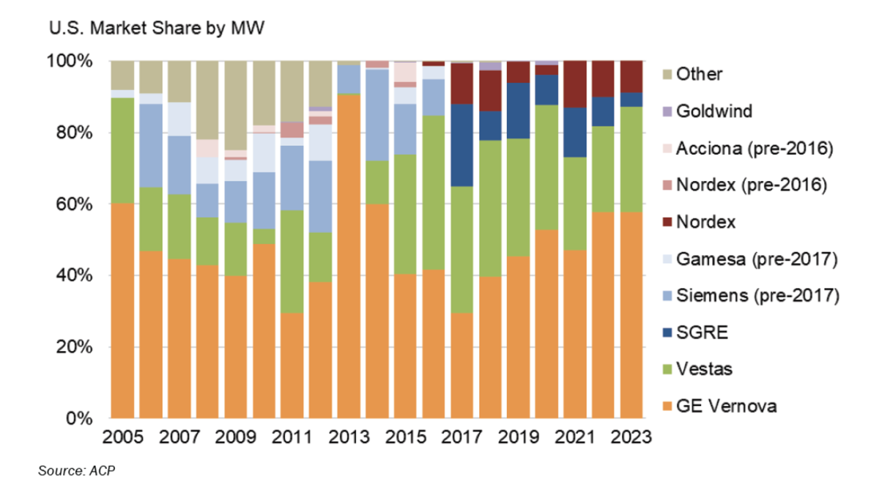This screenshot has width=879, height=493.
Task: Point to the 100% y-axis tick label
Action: click(x=72, y=62)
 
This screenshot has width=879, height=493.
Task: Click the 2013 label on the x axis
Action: click(x=348, y=437)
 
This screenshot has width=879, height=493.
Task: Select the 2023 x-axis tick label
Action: click(x=631, y=437)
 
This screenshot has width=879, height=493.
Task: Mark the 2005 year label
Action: click(x=123, y=437)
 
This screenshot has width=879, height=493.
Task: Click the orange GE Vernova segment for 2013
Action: click(x=348, y=256)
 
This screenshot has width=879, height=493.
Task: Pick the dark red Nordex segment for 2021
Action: click(x=575, y=84)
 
